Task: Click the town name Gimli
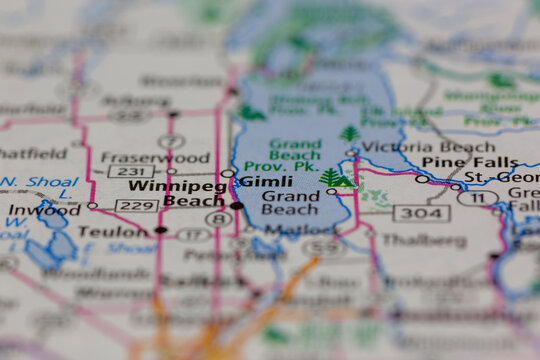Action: pos(265,181)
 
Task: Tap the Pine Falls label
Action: pos(458,161)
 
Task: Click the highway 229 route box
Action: pos(137,206)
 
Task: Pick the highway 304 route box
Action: pos(421,212)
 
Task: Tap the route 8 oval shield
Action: pos(217,219)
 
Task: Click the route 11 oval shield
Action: pos(478,198)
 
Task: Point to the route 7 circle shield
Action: pos(171,141)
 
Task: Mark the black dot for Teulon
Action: pos(160,230)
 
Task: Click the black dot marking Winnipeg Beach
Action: pos(236,206)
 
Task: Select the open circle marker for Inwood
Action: pos(92,205)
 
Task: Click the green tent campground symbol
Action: pos(343,181)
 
